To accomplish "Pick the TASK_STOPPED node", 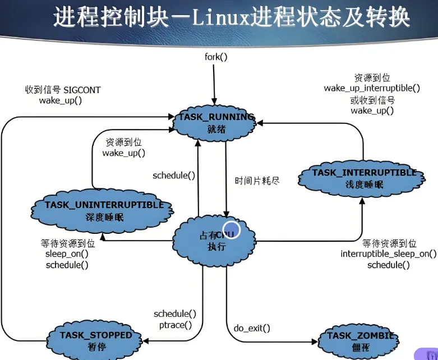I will click(96, 340).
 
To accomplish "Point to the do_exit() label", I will click(252, 328).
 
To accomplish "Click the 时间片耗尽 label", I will click(257, 181).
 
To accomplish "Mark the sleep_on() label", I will click(67, 254).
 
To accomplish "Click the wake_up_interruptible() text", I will click(372, 89).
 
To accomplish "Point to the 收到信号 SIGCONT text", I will click(63, 90).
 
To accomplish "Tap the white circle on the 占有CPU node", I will click(232, 230).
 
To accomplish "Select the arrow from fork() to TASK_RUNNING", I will click(214, 84).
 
